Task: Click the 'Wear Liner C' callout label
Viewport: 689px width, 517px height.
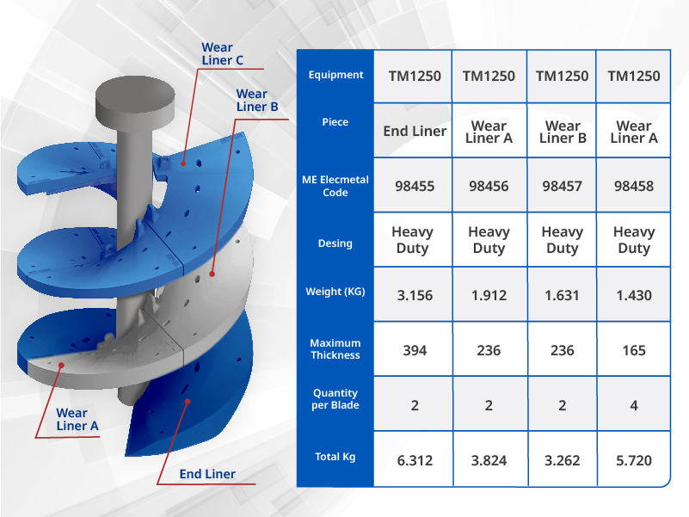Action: coord(222,53)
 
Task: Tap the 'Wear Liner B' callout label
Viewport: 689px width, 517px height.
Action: coord(257,101)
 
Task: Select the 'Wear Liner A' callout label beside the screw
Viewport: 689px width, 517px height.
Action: coord(77,420)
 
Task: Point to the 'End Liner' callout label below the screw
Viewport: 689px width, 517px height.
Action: coord(207,474)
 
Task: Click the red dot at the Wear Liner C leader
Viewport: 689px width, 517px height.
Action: coord(183,163)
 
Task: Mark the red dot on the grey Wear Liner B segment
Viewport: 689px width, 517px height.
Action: coord(212,274)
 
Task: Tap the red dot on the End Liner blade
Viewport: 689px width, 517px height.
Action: coord(188,402)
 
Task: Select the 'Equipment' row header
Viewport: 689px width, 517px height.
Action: coord(335,75)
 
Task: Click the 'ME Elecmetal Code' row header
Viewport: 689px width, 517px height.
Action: coord(335,186)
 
